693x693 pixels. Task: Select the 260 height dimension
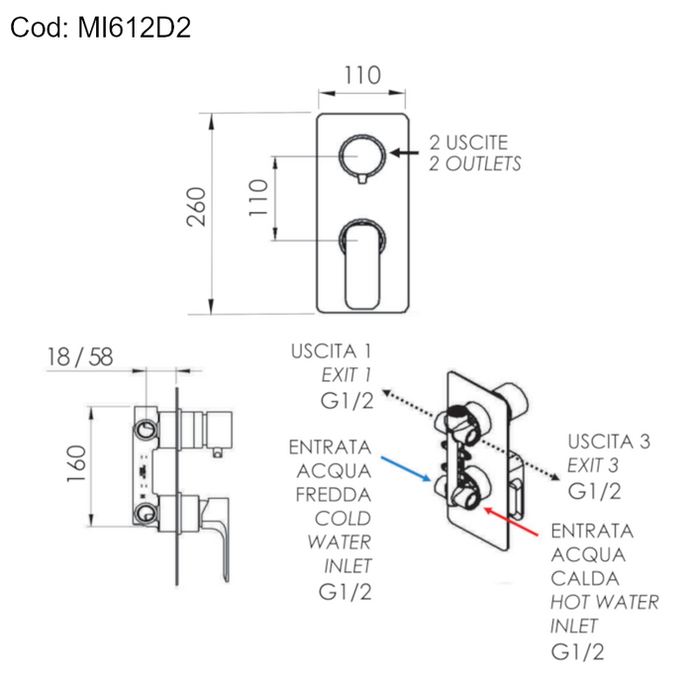197,207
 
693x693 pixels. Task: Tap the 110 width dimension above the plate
362,75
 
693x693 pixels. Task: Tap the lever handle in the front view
362,263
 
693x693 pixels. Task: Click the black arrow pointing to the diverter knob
405,152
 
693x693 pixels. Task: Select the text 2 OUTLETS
475,164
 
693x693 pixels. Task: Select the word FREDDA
332,494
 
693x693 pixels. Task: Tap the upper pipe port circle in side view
147,429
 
